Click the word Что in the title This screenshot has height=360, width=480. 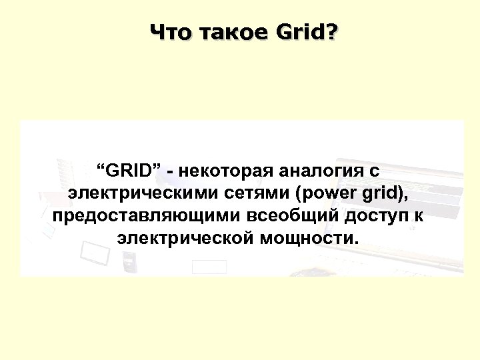(169, 31)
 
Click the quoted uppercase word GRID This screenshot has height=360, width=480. (130, 170)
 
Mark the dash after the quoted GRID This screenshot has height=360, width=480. (172, 171)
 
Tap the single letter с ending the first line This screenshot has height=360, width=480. (375, 171)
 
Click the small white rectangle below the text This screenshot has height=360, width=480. (209, 267)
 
